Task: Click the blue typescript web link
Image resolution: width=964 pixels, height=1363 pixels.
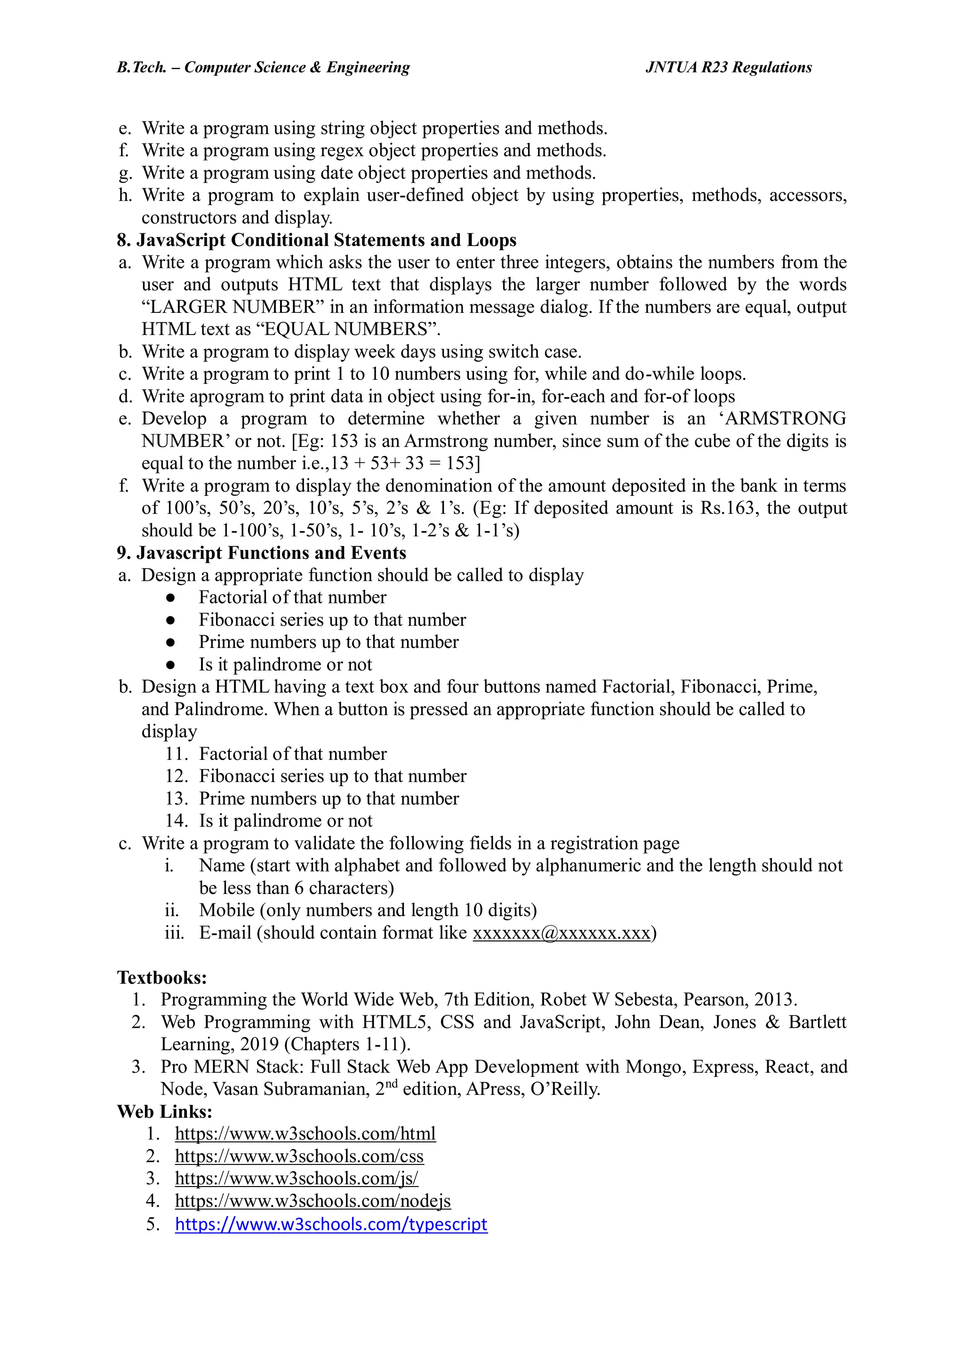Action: click(x=331, y=1224)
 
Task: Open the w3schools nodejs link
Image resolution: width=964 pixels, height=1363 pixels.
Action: click(x=313, y=1201)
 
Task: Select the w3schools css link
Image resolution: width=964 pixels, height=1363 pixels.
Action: click(x=299, y=1156)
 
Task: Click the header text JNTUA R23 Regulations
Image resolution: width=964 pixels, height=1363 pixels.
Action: click(x=728, y=67)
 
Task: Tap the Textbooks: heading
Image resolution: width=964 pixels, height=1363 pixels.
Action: click(x=161, y=977)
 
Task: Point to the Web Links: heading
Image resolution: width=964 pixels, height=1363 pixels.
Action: click(x=165, y=1111)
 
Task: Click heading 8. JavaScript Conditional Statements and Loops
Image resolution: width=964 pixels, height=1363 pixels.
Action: click(x=317, y=240)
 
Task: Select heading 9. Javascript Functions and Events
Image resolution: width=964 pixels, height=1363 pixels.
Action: click(x=261, y=553)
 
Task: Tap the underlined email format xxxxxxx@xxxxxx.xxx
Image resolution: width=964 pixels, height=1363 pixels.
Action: click(x=561, y=933)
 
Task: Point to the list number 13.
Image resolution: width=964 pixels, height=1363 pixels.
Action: click(x=177, y=798)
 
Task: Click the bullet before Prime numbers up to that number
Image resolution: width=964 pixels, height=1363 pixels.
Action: click(x=170, y=642)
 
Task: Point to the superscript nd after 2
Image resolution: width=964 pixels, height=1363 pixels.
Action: click(x=392, y=1084)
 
